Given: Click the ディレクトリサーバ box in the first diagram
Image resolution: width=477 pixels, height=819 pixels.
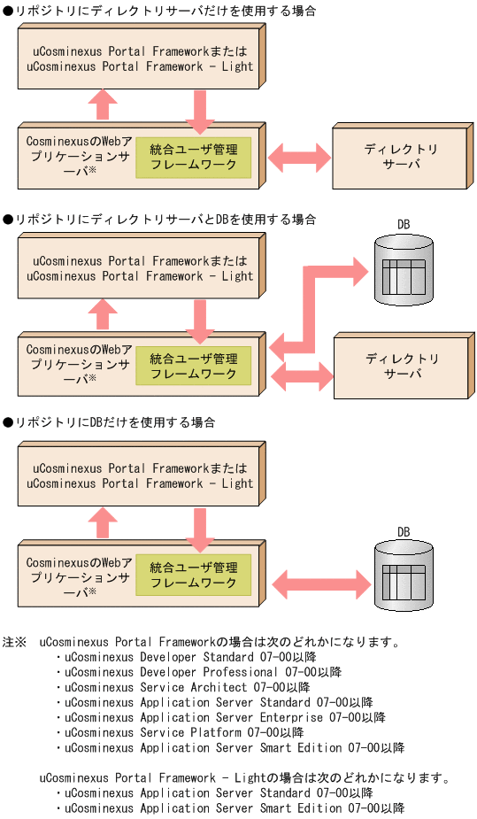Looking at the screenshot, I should pyautogui.click(x=397, y=158).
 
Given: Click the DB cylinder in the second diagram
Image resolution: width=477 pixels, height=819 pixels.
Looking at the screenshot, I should pyautogui.click(x=404, y=271).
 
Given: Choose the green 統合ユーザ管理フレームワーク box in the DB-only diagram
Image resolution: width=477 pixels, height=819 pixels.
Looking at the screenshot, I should pyautogui.click(x=193, y=576).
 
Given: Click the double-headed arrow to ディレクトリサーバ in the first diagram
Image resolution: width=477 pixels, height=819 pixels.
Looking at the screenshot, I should pyautogui.click(x=298, y=158).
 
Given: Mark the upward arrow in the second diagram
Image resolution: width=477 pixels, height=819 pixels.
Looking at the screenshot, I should pyautogui.click(x=104, y=313).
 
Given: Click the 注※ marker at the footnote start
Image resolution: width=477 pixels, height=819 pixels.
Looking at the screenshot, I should pyautogui.click(x=15, y=642).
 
